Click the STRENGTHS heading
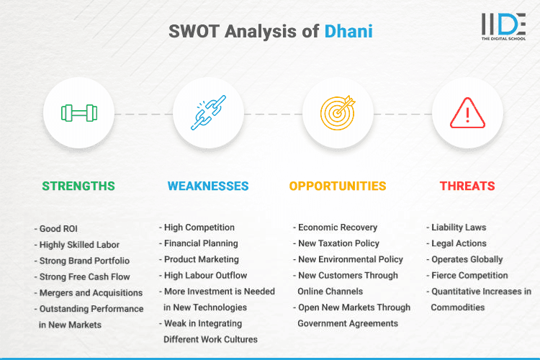78,186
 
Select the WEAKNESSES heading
208,186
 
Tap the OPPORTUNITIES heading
338,186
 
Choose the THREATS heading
467,186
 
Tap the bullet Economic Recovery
337,228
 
